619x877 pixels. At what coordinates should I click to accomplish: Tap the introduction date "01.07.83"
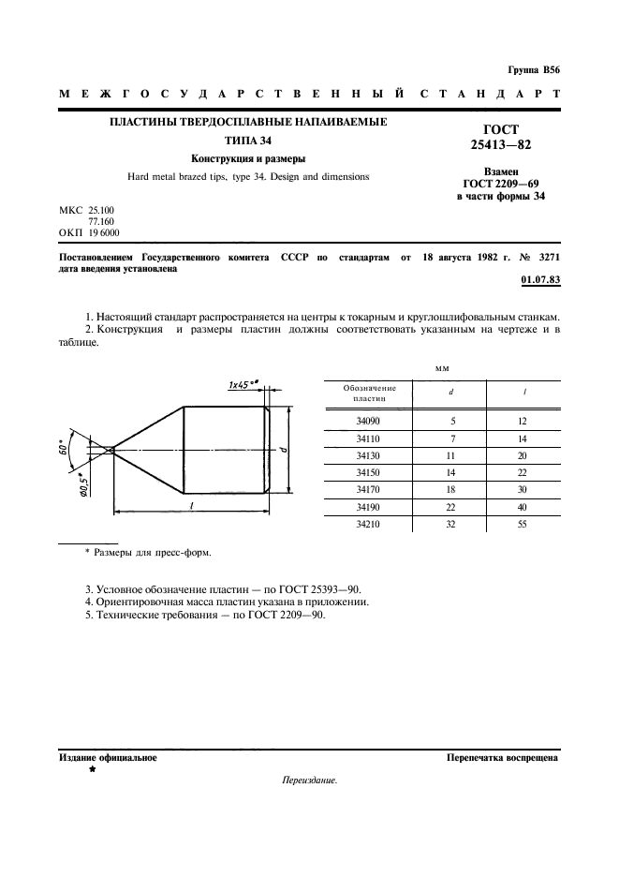pyautogui.click(x=539, y=279)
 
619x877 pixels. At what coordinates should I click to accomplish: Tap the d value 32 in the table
pyautogui.click(x=453, y=524)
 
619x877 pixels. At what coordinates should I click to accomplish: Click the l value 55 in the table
pyautogui.click(x=522, y=524)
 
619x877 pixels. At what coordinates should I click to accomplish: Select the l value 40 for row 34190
pyautogui.click(x=522, y=508)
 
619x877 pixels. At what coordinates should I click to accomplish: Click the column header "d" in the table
pyautogui.click(x=453, y=393)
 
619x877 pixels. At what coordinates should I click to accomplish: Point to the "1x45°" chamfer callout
pyautogui.click(x=243, y=384)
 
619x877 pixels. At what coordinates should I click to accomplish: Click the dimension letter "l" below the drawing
pyautogui.click(x=190, y=503)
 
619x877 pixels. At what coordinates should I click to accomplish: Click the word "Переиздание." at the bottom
pyautogui.click(x=308, y=780)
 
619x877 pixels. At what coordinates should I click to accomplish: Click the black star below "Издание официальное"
pyautogui.click(x=92, y=769)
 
